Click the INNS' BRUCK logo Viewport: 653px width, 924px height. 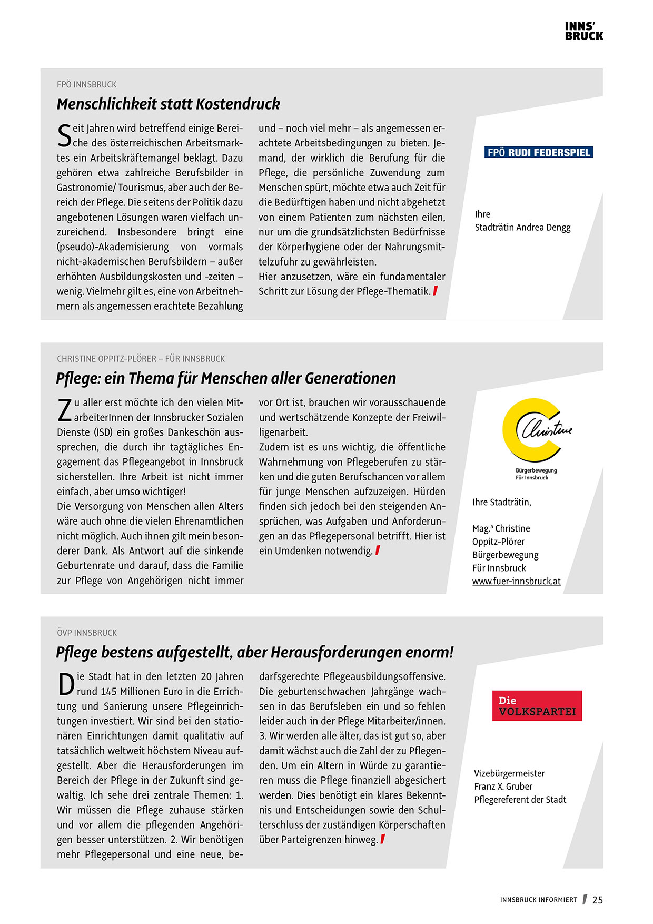pos(583,31)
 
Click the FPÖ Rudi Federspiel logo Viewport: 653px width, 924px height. pos(538,153)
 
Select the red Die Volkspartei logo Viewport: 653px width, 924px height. pos(537,705)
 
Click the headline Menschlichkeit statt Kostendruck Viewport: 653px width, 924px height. pos(168,104)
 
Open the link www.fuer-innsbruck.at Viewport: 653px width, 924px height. pos(516,581)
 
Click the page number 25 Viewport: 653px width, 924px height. pos(597,900)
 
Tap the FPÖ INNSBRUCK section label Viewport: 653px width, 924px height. pos(86,84)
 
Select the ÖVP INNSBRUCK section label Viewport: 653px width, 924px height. pos(87,633)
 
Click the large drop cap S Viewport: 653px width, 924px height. pos(64,136)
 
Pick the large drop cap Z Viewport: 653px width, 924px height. pos(64,410)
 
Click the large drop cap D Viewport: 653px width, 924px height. pos(66,684)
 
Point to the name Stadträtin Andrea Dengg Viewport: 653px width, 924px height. pos(522,228)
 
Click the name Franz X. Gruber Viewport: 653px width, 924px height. pos(503,787)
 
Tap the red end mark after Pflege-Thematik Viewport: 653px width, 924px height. pos(436,291)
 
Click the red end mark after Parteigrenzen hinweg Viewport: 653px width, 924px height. pos(383,839)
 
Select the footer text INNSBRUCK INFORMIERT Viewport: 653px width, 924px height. pos(538,900)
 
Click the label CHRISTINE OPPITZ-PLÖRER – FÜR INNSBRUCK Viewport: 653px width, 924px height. pos(141,359)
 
